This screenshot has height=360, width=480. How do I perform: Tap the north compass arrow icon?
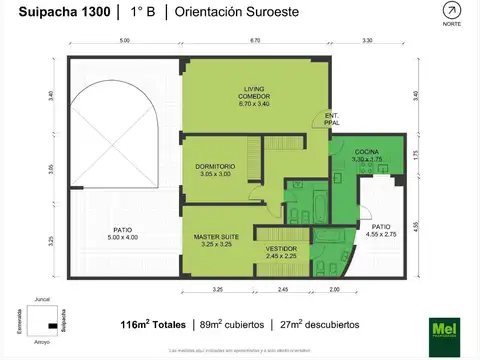coord(452,11)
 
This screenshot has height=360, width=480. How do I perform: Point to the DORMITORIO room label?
coord(215,170)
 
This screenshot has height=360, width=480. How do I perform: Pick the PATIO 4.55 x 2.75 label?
coord(381,229)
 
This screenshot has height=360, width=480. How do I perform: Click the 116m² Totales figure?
coord(151,325)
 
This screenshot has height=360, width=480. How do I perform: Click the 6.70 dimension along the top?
coord(255,41)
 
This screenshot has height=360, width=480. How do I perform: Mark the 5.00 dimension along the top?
coord(124,41)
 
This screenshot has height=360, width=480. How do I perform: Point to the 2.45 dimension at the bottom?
coord(282,290)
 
